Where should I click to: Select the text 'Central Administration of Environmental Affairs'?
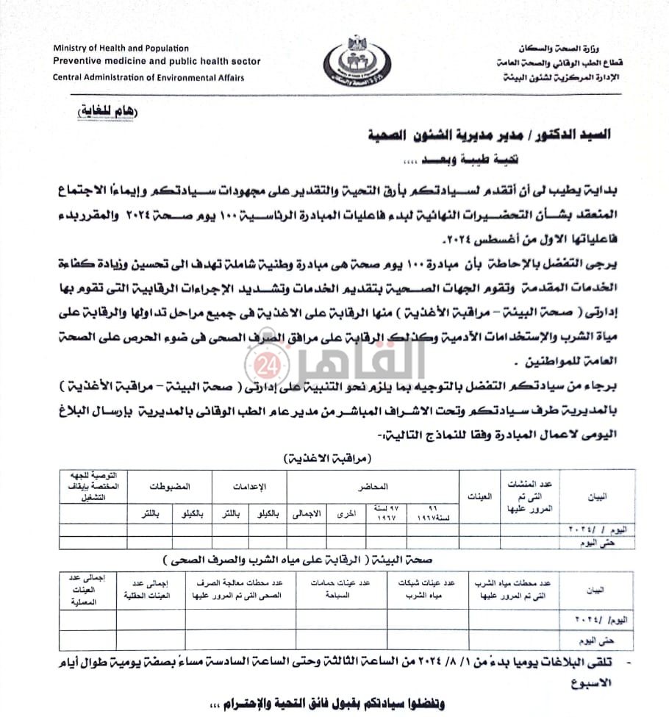click(148, 77)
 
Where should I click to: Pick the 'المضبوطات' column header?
click(170, 486)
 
